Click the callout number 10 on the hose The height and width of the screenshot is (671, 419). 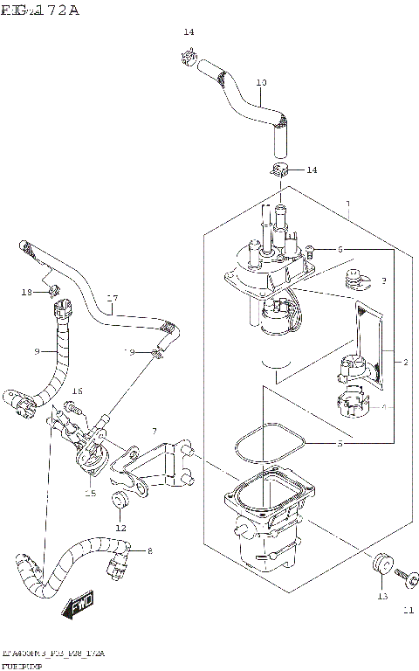click(261, 83)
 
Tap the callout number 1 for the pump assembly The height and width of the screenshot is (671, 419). click(348, 205)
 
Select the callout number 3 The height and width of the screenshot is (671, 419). click(383, 281)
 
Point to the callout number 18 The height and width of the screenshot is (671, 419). click(26, 291)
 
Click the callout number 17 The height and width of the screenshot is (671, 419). click(112, 298)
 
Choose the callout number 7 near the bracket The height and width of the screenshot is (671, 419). click(154, 432)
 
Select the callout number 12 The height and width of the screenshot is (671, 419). click(120, 528)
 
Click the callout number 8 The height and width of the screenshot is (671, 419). click(149, 551)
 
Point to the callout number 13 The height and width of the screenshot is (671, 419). click(381, 597)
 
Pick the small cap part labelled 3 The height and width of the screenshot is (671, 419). click(354, 279)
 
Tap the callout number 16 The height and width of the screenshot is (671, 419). click(77, 391)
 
